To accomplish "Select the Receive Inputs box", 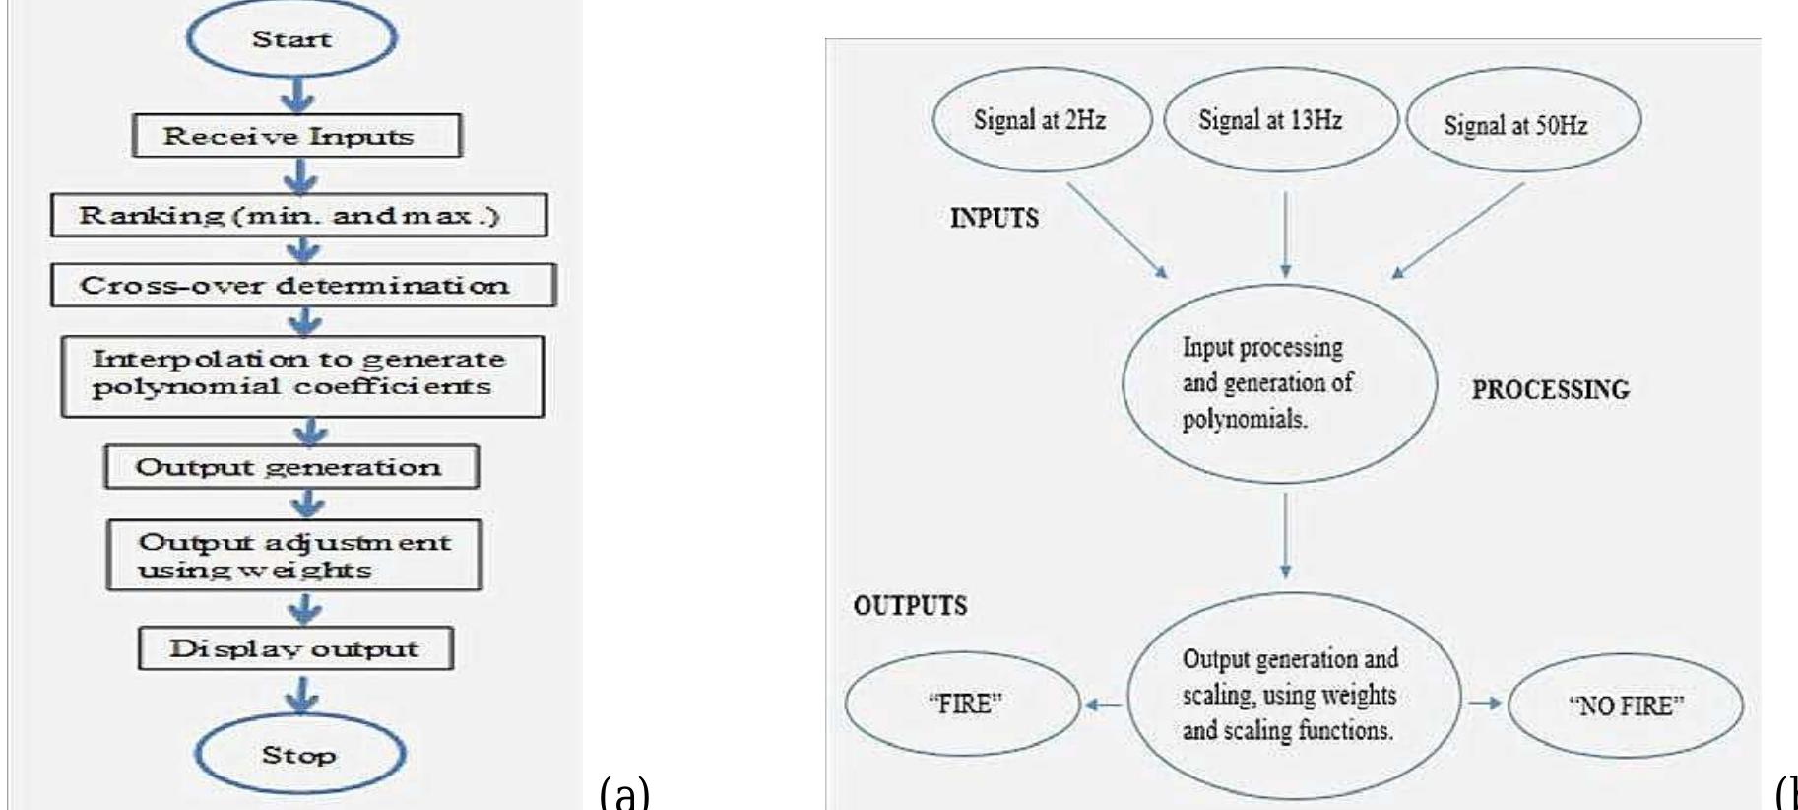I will coord(297,136).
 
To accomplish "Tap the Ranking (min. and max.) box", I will coord(298,215).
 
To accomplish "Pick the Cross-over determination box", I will coord(303,285).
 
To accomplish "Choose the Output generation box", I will coord(291,466).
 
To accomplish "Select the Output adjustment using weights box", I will coord(293,555).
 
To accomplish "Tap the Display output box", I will coord(295,648).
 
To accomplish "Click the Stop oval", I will coord(299,755).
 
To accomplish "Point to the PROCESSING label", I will coord(1551,390).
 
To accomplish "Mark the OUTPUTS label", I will coord(910,606).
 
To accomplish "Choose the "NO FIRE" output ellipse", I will coord(1626,707).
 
